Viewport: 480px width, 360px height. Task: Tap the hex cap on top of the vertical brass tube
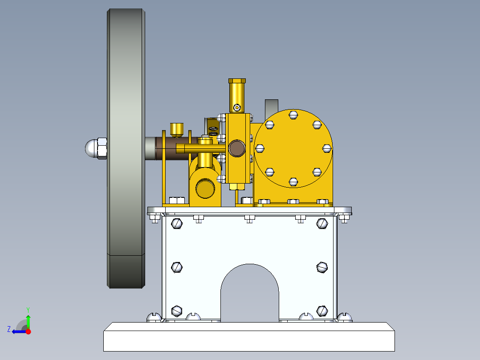pyautogui.click(x=237, y=81)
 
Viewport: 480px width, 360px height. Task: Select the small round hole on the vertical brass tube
pyautogui.click(x=237, y=107)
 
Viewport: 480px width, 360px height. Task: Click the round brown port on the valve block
pyautogui.click(x=236, y=148)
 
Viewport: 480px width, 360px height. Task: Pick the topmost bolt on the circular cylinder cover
pyautogui.click(x=293, y=115)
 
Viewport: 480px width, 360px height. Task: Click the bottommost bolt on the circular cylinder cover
pyautogui.click(x=293, y=181)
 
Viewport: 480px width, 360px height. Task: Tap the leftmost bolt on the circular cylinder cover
pyautogui.click(x=260, y=148)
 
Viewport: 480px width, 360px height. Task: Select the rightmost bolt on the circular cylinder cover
pyautogui.click(x=326, y=148)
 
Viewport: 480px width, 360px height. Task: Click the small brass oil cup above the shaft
pyautogui.click(x=178, y=129)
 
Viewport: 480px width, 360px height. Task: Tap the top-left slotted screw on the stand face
pyautogui.click(x=177, y=223)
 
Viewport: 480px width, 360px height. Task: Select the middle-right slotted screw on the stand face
pyautogui.click(x=322, y=267)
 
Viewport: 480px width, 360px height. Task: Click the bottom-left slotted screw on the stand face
pyautogui.click(x=177, y=310)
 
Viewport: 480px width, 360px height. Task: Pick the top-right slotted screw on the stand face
pyautogui.click(x=322, y=223)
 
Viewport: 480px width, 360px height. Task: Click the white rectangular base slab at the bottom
pyautogui.click(x=249, y=337)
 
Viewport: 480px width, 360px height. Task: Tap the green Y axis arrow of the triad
pyautogui.click(x=28, y=320)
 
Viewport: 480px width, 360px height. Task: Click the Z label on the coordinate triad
pyautogui.click(x=9, y=329)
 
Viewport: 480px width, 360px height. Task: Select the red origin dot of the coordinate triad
pyautogui.click(x=28, y=331)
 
